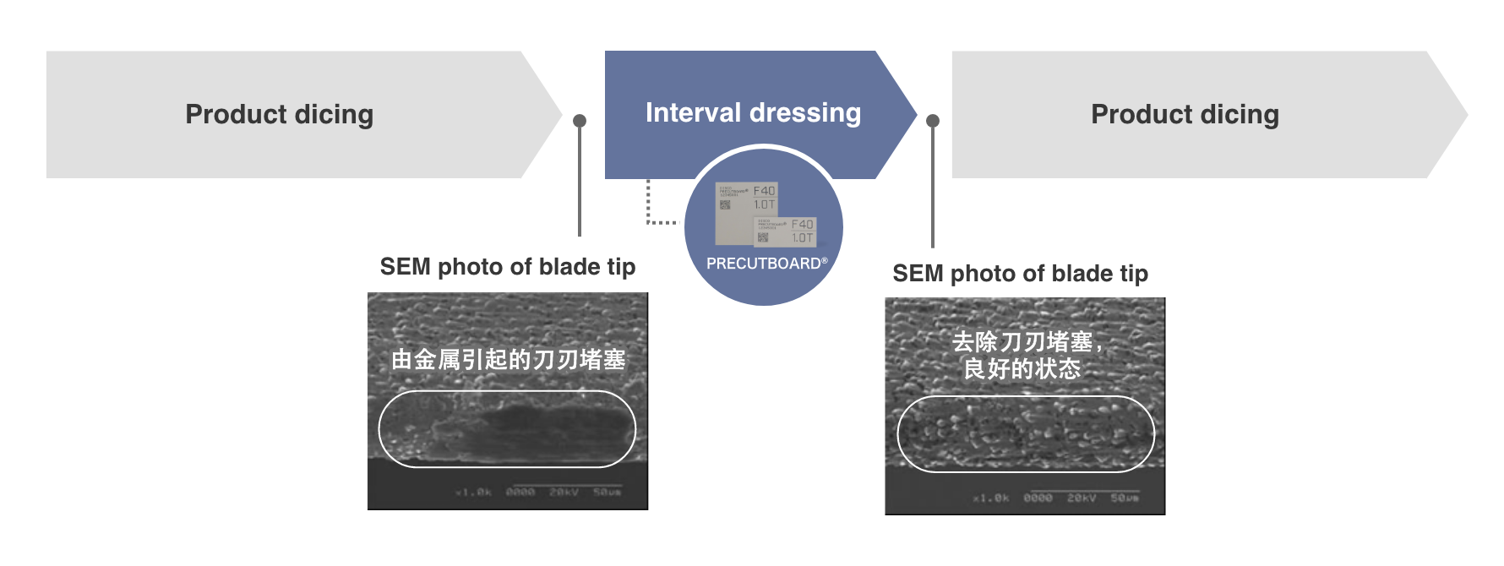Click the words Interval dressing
(753, 112)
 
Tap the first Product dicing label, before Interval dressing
(279, 114)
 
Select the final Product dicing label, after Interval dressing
(1185, 114)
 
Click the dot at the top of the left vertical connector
(580, 121)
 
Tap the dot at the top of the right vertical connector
(933, 121)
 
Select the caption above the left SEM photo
(507, 267)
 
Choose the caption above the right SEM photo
(1020, 274)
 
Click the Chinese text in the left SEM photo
(508, 360)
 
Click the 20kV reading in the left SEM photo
(564, 493)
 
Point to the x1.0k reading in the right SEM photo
(990, 498)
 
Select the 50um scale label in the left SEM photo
(607, 493)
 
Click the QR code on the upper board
(725, 204)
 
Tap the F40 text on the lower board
(802, 224)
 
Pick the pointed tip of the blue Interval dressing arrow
(916, 114)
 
